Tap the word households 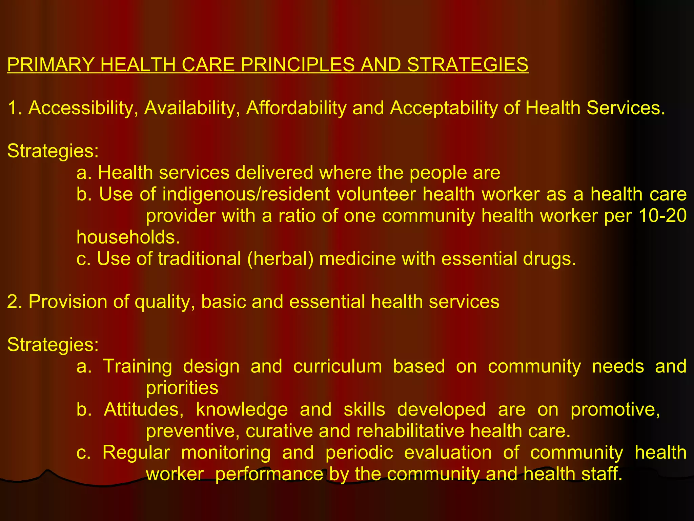pyautogui.click(x=128, y=237)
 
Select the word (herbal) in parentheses pyautogui.click(x=280, y=259)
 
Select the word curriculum pyautogui.click(x=338, y=366)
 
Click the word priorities pyautogui.click(x=182, y=388)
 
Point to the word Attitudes pyautogui.click(x=144, y=409)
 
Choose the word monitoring pyautogui.click(x=226, y=452)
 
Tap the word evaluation pyautogui.click(x=448, y=452)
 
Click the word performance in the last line pyautogui.click(x=269, y=474)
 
